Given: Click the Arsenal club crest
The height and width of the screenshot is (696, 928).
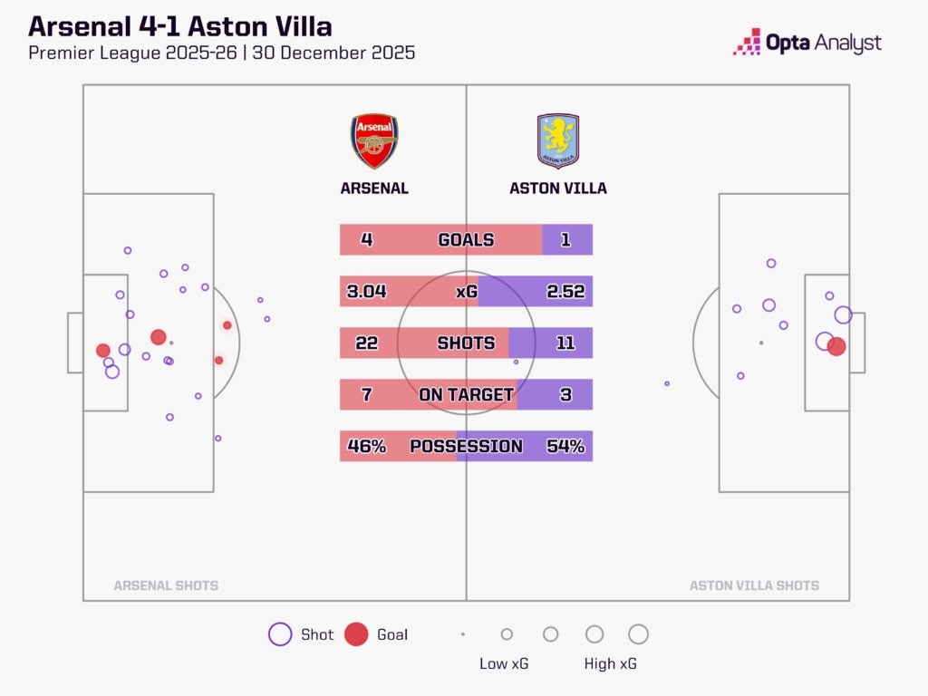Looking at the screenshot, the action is click(374, 140).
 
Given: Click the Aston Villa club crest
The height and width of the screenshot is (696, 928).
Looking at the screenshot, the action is click(558, 140).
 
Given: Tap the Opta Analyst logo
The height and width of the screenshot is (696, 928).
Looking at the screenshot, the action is click(807, 43).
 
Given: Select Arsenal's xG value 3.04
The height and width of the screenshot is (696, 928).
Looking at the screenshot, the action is click(366, 291).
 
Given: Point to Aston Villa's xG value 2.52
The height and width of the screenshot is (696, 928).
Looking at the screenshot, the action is click(565, 291).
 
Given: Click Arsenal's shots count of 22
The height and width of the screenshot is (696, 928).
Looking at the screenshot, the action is click(366, 343).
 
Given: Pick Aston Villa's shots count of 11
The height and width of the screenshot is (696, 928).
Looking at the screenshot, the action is click(565, 343).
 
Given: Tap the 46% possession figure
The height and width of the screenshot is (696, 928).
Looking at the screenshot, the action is click(366, 446).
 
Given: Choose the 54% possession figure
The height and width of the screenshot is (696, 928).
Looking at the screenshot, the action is click(565, 446).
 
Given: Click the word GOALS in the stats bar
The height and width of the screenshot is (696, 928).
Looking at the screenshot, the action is click(466, 239).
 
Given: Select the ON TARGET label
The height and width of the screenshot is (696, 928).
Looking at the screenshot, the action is click(466, 394).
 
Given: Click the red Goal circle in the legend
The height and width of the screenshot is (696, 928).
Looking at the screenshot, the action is click(356, 633).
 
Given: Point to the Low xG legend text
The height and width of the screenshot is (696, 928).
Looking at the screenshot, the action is click(504, 663).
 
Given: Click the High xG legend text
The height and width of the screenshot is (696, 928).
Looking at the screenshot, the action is click(610, 663).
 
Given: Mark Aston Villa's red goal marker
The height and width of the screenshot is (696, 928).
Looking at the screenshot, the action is click(836, 346).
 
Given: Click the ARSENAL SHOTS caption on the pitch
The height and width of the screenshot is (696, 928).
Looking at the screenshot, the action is click(166, 585).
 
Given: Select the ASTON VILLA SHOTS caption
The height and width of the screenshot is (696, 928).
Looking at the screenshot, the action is click(754, 585).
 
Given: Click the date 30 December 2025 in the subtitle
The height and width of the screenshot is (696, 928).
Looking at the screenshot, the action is click(333, 53).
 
